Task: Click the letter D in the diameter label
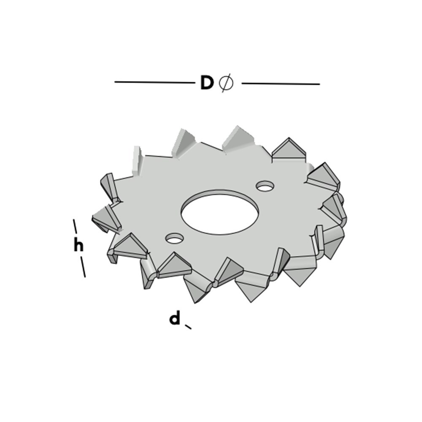(207, 83)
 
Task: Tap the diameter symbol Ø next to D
(227, 83)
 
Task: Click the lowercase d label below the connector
(174, 319)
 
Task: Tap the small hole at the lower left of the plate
(174, 239)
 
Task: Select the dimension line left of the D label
(154, 82)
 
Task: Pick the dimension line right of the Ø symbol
(280, 84)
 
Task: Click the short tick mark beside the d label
(188, 326)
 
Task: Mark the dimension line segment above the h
(75, 226)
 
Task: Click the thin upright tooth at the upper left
(136, 160)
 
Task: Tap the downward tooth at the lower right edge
(300, 272)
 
